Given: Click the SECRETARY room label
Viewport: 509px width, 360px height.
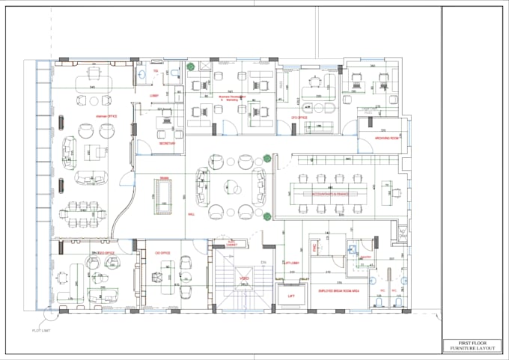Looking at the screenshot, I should click(167, 144).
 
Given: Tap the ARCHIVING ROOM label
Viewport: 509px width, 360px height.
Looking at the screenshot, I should click(379, 136).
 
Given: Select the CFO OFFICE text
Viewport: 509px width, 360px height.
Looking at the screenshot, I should click(299, 118).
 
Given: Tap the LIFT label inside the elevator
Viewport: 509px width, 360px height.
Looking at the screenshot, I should click(292, 296).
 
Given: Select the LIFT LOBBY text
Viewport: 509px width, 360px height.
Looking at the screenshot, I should click(292, 263).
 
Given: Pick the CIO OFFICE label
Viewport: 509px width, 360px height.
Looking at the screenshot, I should click(163, 253).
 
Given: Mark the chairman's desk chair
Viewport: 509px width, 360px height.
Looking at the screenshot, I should click(94, 72).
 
